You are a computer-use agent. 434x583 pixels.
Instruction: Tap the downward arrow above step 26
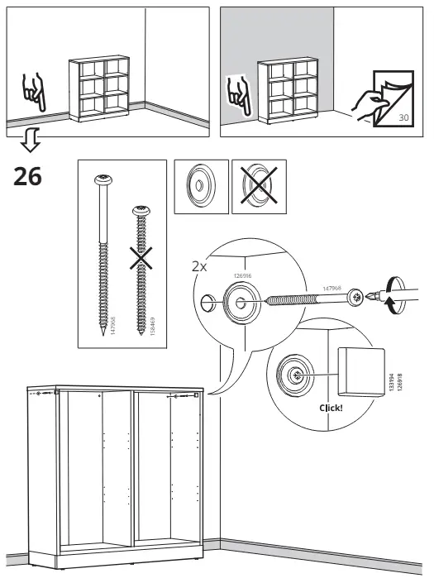(x=31, y=143)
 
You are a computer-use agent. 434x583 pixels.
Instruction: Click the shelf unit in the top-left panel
(x=98, y=88)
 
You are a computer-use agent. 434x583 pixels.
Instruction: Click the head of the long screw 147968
(x=105, y=179)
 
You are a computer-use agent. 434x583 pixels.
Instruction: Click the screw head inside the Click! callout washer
(x=296, y=375)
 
